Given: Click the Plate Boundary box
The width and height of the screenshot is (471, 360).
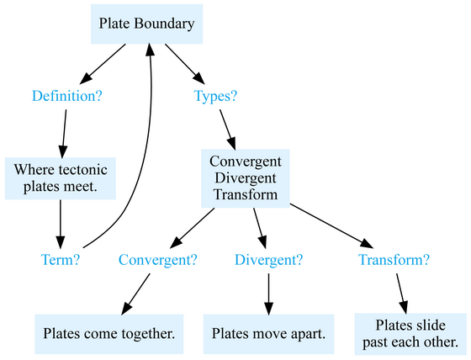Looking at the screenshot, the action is pos(146,24).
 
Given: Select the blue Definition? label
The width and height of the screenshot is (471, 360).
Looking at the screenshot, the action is pos(67,96).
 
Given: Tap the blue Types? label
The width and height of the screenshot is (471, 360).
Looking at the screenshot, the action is pos(215,96).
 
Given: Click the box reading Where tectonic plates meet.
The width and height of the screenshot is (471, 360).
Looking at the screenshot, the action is pos(61,178).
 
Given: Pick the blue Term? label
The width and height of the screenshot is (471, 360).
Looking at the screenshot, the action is pos(61,260).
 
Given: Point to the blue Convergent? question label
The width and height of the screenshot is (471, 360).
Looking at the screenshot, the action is pos(158,260).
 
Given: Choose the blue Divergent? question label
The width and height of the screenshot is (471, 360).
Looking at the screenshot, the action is pos(268,260).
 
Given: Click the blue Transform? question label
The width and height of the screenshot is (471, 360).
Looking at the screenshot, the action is pos(394,260).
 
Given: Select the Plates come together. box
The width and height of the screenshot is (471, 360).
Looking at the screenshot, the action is pos(109,334).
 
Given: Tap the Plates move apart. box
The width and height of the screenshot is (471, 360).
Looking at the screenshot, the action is pos(268,334).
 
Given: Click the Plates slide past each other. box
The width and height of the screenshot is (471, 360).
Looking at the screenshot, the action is pos(410,334).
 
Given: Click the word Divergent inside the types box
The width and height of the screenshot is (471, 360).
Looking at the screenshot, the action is pos(246,178).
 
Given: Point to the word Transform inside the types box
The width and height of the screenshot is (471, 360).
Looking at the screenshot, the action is pos(246,194).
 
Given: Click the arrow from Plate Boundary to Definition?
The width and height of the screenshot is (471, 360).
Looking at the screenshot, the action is pos(103,64).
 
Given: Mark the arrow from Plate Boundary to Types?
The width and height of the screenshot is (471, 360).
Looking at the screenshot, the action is pos(185,64).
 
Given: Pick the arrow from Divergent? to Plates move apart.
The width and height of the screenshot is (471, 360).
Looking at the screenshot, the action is pos(268,294).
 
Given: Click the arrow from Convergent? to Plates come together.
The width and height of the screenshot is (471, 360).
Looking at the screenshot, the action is pos(135,294).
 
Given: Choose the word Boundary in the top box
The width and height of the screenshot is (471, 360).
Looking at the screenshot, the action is pos(164,24).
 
